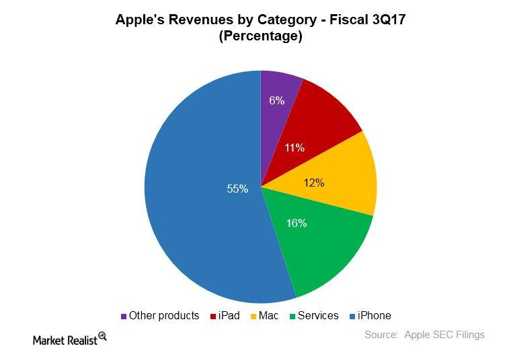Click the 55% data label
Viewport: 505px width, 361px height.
coord(237,189)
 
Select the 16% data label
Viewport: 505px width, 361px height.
coord(296,223)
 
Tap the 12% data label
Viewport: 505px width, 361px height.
coord(314,183)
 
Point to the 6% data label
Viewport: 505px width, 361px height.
coord(276,100)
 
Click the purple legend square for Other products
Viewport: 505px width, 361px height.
coord(124,316)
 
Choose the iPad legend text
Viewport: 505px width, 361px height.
coord(229,315)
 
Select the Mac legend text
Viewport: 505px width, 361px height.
coord(269,315)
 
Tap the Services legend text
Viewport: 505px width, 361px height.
coord(318,315)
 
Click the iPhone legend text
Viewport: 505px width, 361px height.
coord(374,315)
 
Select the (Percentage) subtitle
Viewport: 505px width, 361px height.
coord(260,36)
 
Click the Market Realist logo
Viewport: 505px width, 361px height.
coord(70,339)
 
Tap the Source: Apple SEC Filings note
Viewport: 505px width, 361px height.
coord(424,335)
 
